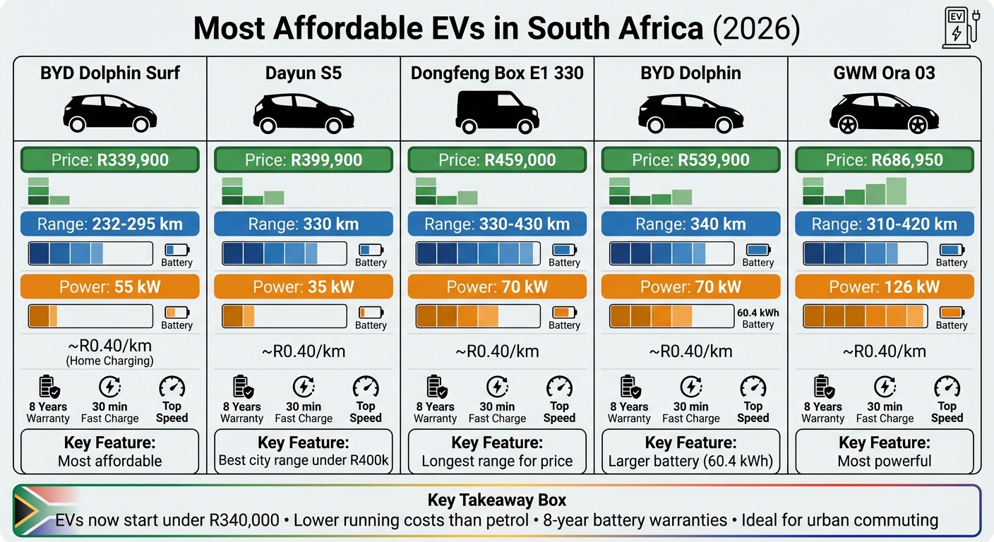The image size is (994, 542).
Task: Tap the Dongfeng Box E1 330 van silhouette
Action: point(497,112)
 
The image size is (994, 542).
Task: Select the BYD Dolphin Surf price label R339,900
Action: point(110,160)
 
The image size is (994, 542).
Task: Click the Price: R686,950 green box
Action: point(884,160)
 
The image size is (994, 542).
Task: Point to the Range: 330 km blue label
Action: point(304,224)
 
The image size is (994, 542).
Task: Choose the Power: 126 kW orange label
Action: point(884,287)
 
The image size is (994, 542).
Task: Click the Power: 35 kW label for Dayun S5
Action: point(304,287)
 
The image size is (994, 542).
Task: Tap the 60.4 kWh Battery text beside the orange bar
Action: point(758,318)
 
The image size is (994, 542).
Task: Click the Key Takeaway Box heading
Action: point(497,500)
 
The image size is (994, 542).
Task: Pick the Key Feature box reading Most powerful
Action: point(884,452)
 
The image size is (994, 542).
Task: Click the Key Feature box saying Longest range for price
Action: point(497,452)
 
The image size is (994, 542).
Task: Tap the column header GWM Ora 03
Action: point(884,73)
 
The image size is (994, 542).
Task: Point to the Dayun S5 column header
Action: point(304,73)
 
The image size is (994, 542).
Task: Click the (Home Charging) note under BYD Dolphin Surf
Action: point(110,361)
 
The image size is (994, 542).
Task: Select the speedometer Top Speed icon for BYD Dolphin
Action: point(753,387)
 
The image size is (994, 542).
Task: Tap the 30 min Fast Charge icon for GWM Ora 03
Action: point(885,387)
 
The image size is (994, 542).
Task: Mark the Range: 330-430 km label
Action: point(497,224)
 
